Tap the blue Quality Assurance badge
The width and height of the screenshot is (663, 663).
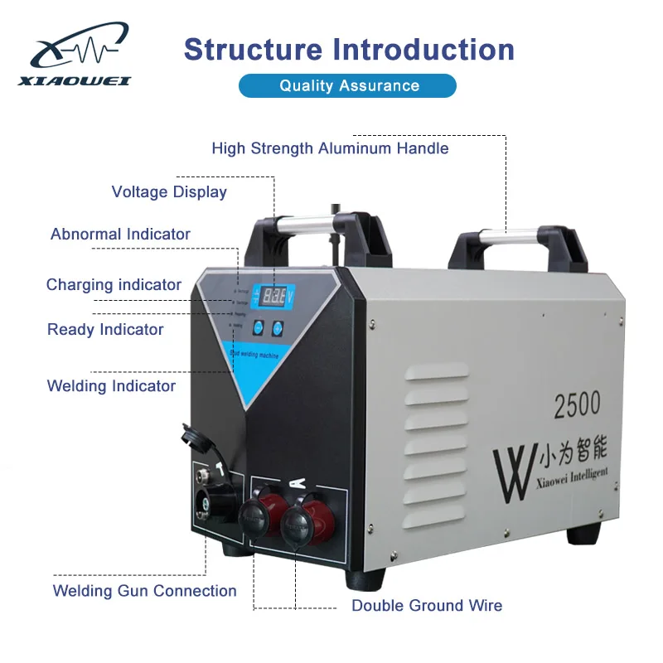click(348, 85)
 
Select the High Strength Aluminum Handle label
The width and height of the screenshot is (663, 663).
click(330, 148)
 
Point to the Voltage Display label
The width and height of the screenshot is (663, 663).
click(169, 192)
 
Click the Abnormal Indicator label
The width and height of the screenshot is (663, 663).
click(120, 235)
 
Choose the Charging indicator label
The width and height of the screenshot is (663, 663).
click(114, 285)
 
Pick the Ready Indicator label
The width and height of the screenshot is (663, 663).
click(105, 330)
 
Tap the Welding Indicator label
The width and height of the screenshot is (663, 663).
click(111, 386)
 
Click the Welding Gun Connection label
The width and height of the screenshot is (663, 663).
click(145, 591)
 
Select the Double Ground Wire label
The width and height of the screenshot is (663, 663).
click(427, 606)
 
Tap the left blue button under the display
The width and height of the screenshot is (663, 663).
click(258, 327)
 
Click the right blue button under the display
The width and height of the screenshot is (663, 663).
click(278, 327)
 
